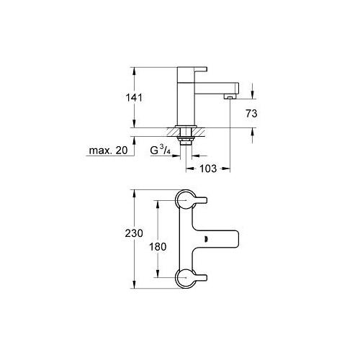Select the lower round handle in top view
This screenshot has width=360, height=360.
point(186,276)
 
